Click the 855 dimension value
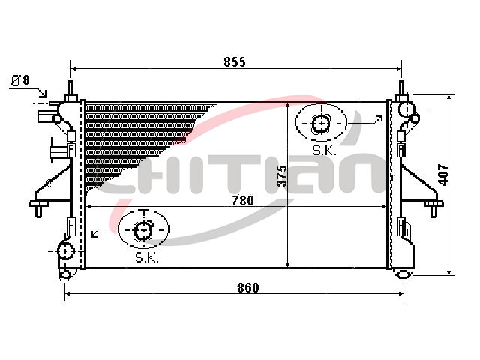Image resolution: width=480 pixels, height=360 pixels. (235, 62)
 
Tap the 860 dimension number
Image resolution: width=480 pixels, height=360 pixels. (248, 288)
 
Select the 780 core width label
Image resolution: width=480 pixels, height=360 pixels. (243, 201)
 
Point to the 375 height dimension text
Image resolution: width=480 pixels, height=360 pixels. (282, 176)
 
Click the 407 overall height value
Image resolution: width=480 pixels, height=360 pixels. (443, 175)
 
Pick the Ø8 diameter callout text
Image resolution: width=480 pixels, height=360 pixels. (20, 80)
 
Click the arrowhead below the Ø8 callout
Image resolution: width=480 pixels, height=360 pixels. (43, 93)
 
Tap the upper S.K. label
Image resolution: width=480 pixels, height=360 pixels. (324, 151)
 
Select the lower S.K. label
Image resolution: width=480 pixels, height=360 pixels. (147, 258)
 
